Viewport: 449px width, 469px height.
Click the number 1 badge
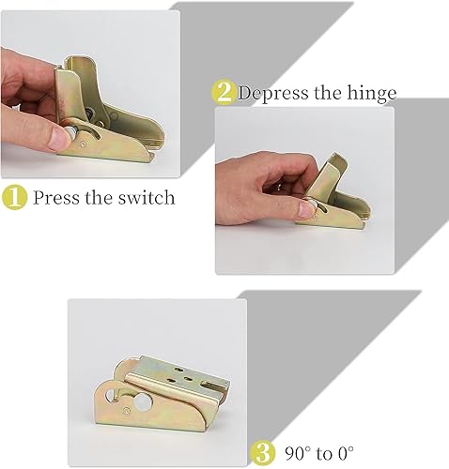[14, 198]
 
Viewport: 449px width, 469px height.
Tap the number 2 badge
[223, 92]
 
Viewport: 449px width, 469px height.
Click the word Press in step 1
[57, 198]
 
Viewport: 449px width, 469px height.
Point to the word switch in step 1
[147, 198]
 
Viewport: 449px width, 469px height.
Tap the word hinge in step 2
[372, 93]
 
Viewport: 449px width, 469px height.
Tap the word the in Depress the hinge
[333, 93]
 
